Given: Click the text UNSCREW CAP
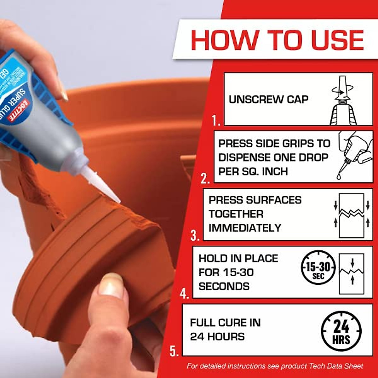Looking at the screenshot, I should tap(268, 100).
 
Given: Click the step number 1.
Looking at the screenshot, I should tap(216, 121).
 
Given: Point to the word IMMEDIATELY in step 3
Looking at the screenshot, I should tap(245, 228).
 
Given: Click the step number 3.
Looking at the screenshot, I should tap(195, 236).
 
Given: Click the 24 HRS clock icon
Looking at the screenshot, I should tap(341, 331).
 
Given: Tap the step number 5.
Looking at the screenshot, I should tap(174, 351).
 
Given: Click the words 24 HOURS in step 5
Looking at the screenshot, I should tap(217, 337).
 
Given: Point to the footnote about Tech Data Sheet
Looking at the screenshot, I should tap(275, 366).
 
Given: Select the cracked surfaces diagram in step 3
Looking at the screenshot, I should tap(351, 215).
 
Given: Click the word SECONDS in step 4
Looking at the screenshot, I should tap(224, 286).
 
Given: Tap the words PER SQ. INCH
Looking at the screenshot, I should tap(253, 171).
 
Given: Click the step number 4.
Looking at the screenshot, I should tap(184, 294).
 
